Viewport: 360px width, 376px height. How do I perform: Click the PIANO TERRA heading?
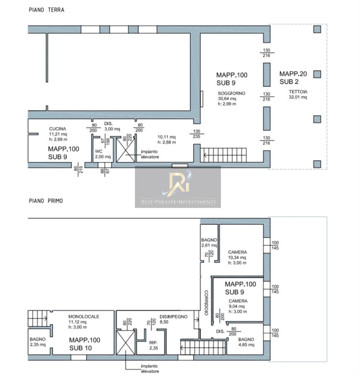point(46,10)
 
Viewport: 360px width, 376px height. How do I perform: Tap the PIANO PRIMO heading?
point(46,201)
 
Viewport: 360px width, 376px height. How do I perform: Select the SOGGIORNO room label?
point(231,93)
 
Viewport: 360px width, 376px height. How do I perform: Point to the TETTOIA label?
point(298,91)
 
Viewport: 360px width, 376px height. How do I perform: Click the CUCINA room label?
point(58,129)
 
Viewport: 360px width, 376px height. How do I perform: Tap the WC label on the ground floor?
point(99,151)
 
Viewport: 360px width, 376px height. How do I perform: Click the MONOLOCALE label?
point(84,317)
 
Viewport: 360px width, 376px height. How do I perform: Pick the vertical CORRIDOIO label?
point(206,302)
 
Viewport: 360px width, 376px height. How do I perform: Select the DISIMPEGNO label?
point(174,317)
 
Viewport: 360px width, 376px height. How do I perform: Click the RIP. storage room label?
point(153,343)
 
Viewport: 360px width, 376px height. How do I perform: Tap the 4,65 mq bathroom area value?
point(246,345)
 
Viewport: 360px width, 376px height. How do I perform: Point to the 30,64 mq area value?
point(227,99)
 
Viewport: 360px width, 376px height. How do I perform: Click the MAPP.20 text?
point(293,74)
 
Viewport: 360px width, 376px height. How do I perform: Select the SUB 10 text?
point(81,348)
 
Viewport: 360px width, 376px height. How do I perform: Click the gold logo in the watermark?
point(177,183)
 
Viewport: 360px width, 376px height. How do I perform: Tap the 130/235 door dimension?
point(197,134)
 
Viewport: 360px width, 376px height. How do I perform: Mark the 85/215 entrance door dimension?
point(78,170)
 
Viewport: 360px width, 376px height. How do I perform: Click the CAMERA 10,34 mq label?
point(237,257)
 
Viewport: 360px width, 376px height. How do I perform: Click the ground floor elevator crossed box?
point(126,150)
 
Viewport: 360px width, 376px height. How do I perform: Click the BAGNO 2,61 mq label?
point(209,242)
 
